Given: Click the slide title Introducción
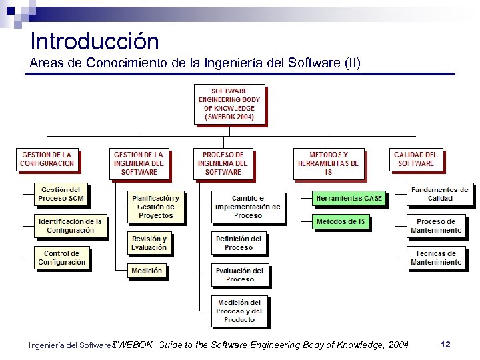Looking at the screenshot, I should [x=95, y=41].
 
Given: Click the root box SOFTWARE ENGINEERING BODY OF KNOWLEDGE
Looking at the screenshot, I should [x=229, y=104].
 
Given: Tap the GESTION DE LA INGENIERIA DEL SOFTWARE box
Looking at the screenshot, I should [x=139, y=163].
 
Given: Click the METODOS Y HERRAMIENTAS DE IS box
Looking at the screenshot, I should [x=329, y=163].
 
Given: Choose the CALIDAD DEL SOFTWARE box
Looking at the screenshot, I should [x=415, y=159].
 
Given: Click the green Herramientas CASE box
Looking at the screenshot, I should [x=341, y=198].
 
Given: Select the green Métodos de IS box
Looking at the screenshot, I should [x=341, y=221].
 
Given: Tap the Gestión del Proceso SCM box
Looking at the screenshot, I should [x=61, y=194].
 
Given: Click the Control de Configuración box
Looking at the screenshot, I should [x=61, y=257].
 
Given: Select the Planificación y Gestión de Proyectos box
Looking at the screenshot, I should [x=155, y=207].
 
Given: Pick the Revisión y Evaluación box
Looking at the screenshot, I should [x=149, y=243].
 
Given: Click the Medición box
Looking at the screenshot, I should [x=147, y=271].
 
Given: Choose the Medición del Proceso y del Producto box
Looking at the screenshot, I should [x=240, y=311].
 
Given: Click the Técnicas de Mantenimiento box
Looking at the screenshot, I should [x=435, y=258].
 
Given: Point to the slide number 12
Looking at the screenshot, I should [x=446, y=344].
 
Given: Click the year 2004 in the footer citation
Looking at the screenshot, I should [x=397, y=345].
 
